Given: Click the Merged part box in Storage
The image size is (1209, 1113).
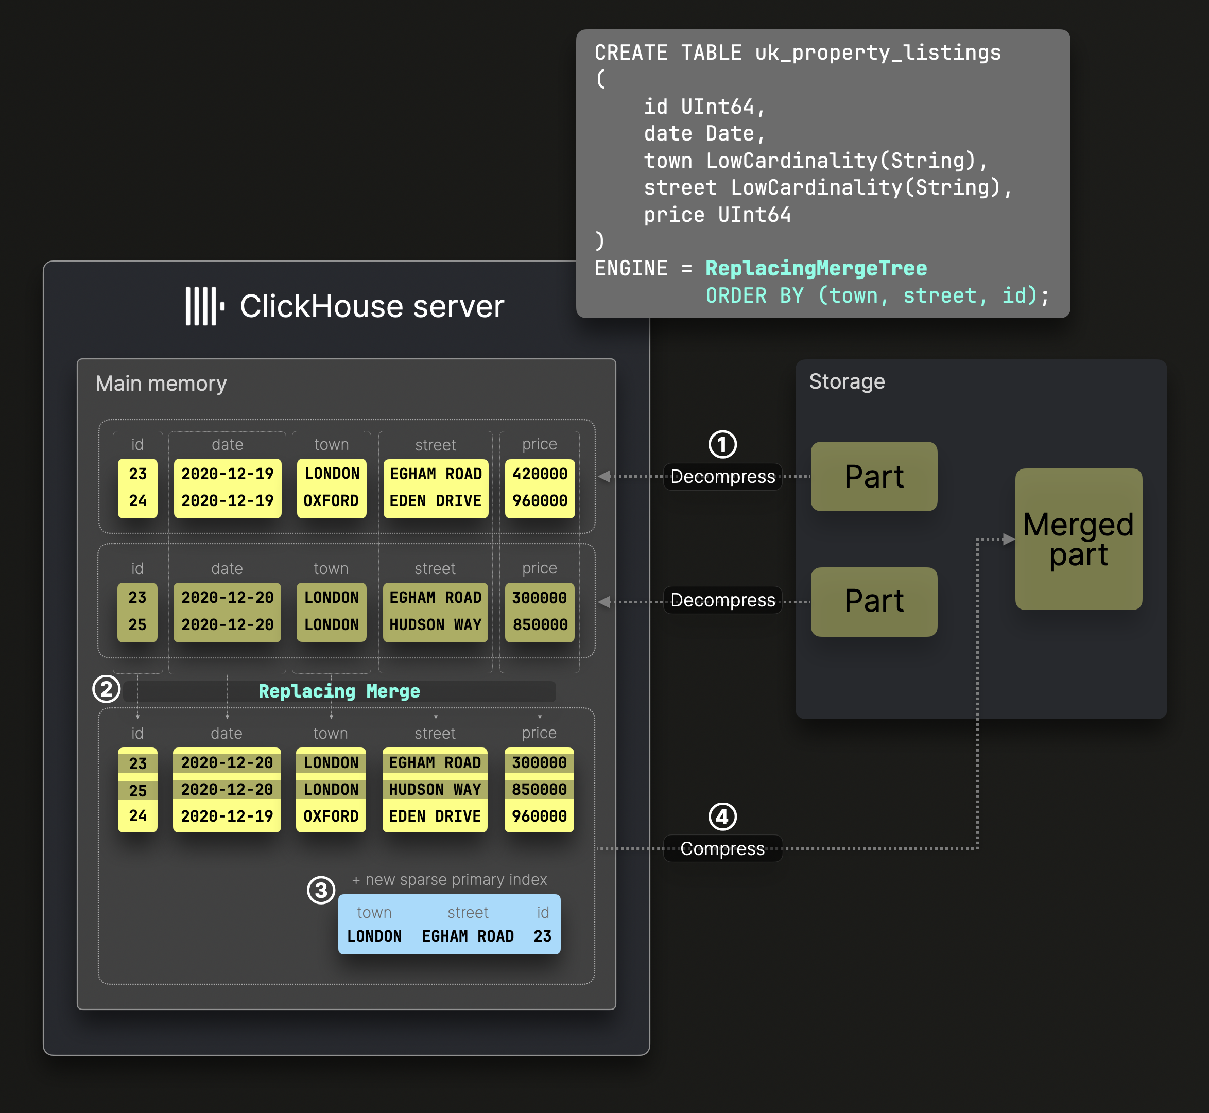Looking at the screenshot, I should pyautogui.click(x=1078, y=539).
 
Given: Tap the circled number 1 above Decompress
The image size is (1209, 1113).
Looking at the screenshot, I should pyautogui.click(x=722, y=444).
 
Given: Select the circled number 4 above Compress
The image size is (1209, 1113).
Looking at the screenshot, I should pyautogui.click(x=722, y=816).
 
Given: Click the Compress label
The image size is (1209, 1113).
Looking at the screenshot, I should pyautogui.click(x=722, y=848).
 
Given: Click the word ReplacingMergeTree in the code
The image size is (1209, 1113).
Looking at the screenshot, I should pyautogui.click(x=816, y=269).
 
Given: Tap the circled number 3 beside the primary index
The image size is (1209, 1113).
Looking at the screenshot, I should pyautogui.click(x=321, y=890).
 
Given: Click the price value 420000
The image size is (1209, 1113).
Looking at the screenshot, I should pyautogui.click(x=540, y=474).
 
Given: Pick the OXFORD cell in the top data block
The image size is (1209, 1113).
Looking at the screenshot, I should pyautogui.click(x=331, y=501).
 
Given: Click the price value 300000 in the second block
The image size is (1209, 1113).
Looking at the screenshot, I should pyautogui.click(x=540, y=598).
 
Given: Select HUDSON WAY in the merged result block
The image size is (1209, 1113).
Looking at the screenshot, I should pyautogui.click(x=435, y=790).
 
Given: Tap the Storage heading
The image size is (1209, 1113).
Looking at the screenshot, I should pyautogui.click(x=847, y=382).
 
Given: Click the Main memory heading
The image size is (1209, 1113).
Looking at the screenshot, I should pyautogui.click(x=161, y=384).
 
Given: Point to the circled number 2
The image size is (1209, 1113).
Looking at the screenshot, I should pyautogui.click(x=107, y=689).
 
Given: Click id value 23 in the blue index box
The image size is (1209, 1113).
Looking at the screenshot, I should pyautogui.click(x=542, y=936).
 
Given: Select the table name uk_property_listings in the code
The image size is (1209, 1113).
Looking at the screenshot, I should pyautogui.click(x=878, y=53).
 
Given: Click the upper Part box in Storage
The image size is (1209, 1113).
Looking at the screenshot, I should pyautogui.click(x=873, y=476).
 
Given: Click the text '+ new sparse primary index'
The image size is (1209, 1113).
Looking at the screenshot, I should pyautogui.click(x=450, y=880).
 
